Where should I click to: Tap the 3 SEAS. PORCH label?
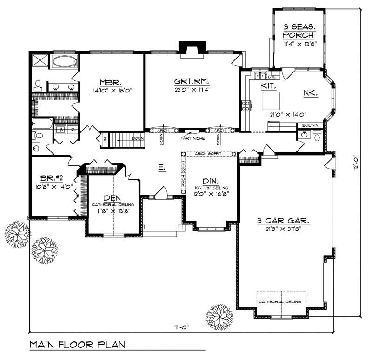click(299, 31)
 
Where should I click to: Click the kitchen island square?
click(271, 100)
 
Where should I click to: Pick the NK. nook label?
click(311, 93)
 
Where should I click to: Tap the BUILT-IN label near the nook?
click(310, 125)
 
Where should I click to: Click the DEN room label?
click(113, 197)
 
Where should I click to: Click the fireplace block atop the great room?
click(190, 48)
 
